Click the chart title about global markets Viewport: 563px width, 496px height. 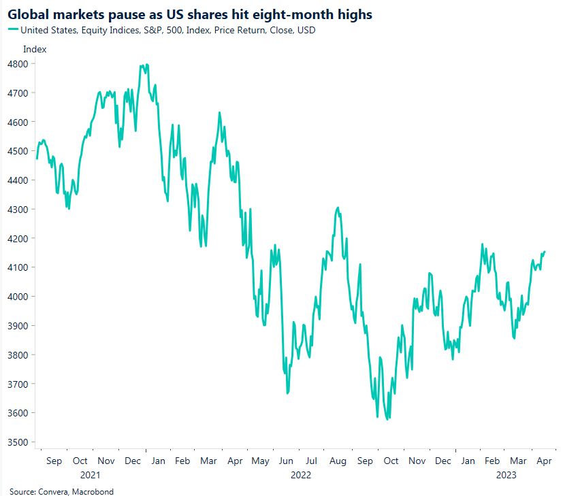[x=190, y=14]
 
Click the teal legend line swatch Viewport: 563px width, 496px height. [x=13, y=30]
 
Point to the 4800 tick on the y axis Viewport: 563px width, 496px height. [x=18, y=64]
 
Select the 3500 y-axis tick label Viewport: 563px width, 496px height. [x=18, y=442]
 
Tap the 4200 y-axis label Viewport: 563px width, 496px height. [x=18, y=239]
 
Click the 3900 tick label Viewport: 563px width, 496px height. [x=18, y=326]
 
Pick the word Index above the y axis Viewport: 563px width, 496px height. [x=34, y=49]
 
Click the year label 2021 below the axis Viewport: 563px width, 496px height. [x=91, y=474]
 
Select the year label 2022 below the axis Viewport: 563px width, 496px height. [x=300, y=474]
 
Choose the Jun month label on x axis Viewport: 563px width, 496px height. [x=285, y=461]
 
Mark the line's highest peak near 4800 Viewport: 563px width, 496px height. [x=146, y=65]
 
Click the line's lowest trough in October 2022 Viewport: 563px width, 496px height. [x=387, y=420]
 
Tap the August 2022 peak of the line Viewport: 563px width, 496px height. [x=338, y=208]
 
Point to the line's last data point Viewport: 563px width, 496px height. [x=545, y=252]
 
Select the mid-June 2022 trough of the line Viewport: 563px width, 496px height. [x=287, y=393]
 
